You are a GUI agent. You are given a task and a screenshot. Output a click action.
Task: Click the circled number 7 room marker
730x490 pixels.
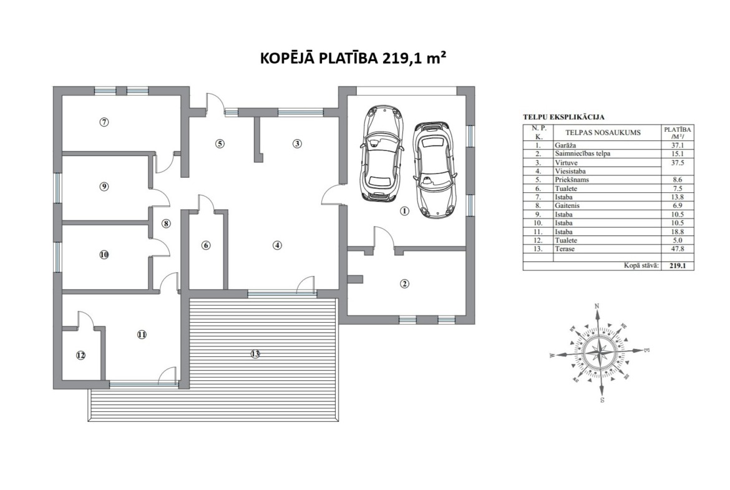[104, 122]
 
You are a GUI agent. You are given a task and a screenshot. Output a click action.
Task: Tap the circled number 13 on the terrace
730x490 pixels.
[255, 354]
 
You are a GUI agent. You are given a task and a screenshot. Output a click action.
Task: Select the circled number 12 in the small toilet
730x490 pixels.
[81, 355]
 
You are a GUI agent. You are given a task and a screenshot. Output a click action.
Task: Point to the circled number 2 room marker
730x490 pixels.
[404, 283]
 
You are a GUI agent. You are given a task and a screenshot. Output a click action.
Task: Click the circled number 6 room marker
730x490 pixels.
[207, 245]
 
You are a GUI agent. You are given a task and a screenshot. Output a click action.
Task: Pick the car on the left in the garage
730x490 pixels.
[382, 153]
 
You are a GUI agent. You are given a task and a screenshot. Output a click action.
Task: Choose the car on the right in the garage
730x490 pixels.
[434, 170]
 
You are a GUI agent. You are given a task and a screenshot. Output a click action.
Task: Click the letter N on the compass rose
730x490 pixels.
[597, 306]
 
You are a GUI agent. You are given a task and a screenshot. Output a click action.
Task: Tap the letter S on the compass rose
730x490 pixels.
[602, 399]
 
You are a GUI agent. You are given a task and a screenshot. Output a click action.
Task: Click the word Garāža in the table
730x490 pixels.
[565, 145]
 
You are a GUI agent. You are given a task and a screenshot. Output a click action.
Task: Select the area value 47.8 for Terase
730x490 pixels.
[678, 249]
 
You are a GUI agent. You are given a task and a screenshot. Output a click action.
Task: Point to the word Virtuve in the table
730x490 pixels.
[566, 162]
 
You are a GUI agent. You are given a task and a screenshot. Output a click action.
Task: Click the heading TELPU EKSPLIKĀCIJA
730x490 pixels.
[563, 117]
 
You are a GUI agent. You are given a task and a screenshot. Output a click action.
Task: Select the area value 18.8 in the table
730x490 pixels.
[678, 232]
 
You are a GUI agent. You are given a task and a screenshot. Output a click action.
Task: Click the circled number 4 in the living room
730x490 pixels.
[278, 245]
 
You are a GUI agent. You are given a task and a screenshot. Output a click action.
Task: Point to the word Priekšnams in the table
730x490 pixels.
[572, 180]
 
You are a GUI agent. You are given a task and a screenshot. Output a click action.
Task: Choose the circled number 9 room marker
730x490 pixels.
[104, 186]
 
